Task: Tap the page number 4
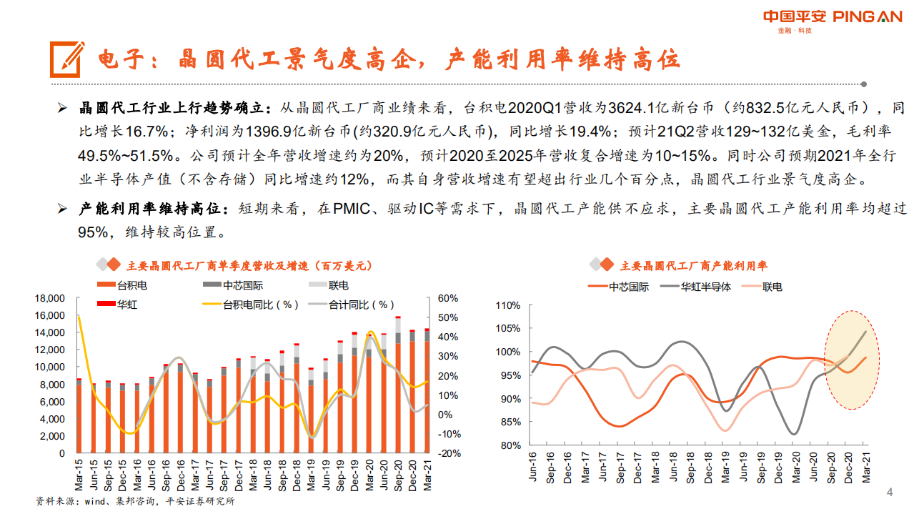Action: click(890, 493)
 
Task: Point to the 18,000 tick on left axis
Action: click(50, 298)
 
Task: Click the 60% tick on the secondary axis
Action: click(447, 298)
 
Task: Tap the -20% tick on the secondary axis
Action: click(447, 453)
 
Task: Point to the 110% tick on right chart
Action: click(508, 305)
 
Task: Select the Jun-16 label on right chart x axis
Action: click(532, 468)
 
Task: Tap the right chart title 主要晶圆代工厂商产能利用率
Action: click(693, 266)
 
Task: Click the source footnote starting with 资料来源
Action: click(135, 502)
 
